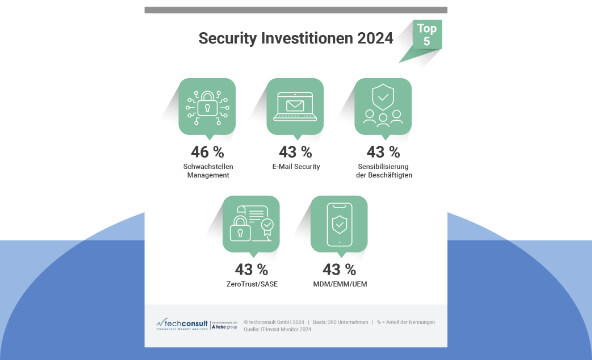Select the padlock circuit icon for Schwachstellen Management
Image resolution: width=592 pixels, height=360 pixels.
[207, 109]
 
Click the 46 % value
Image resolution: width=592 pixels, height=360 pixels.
[208, 152]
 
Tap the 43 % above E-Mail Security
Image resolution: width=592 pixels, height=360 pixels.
[295, 152]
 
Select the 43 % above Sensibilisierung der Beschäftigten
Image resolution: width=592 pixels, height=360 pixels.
[383, 152]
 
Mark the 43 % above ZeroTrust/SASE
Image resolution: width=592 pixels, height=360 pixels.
[251, 270]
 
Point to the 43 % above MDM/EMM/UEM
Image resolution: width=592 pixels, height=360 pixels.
[339, 270]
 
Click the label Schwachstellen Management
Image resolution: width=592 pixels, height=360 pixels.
[208, 171]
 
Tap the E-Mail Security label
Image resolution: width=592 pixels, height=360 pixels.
[295, 167]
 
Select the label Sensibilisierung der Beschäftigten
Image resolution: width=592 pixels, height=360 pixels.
[383, 171]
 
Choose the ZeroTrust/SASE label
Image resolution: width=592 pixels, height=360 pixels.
[251, 285]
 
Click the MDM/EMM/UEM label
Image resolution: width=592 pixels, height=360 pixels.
[339, 285]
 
